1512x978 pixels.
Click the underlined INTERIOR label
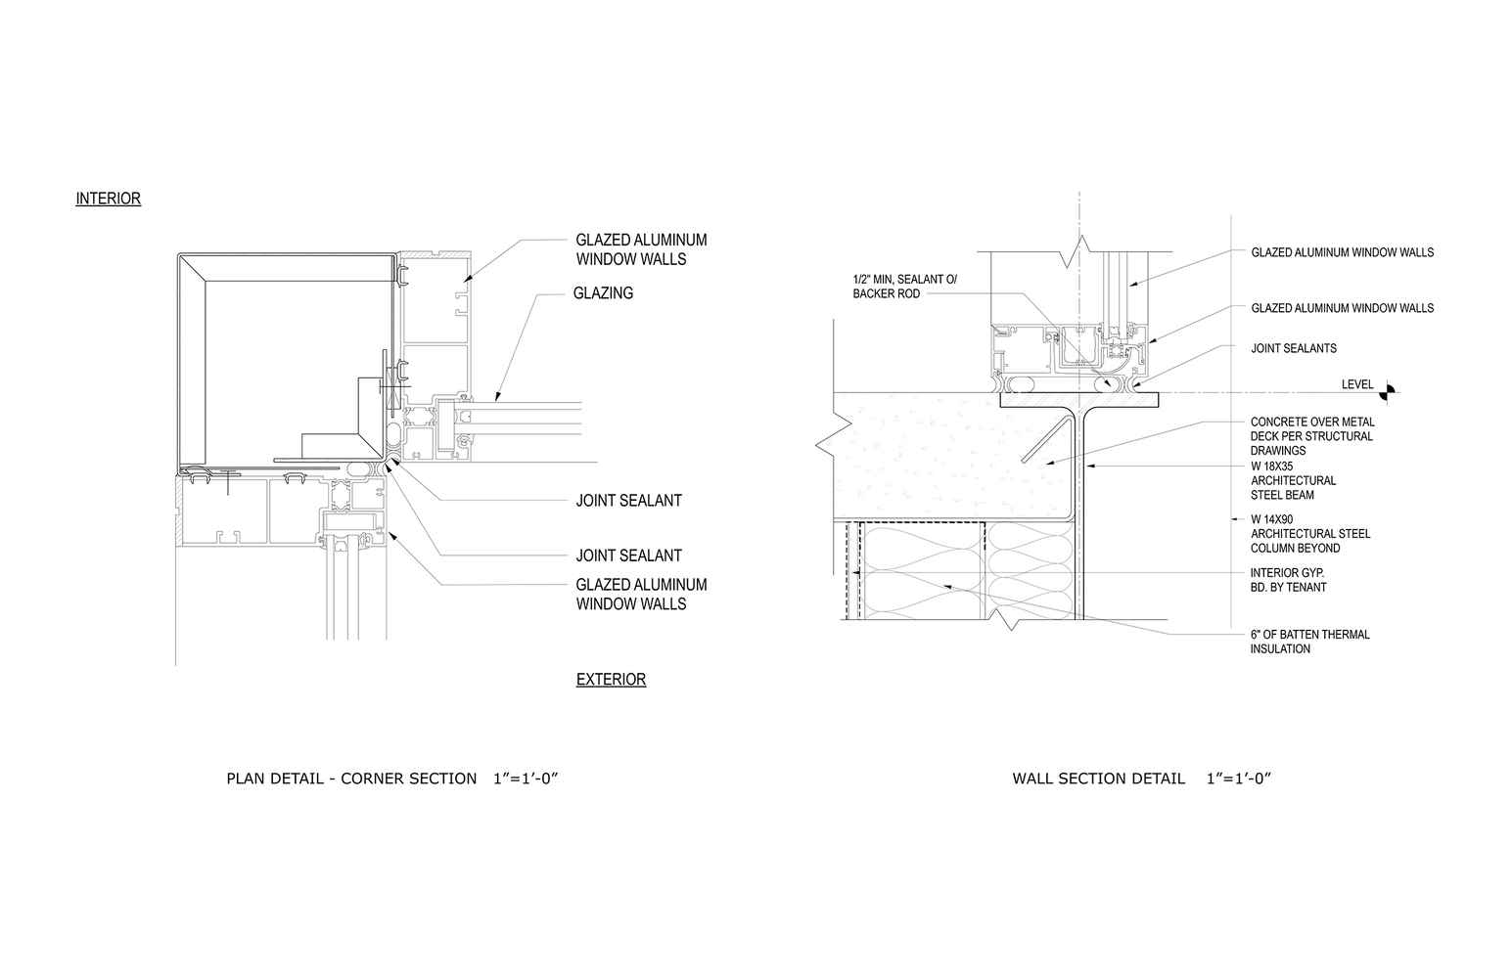pos(108,199)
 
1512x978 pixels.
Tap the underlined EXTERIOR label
pos(611,679)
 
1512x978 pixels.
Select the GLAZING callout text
pos(603,292)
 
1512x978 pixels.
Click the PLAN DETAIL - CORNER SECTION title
pos(351,778)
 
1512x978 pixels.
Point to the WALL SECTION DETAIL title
pos(1098,778)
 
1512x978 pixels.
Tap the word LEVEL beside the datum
pos(1357,384)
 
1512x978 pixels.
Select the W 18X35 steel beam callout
pos(1294,480)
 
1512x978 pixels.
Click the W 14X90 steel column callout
pos(1310,534)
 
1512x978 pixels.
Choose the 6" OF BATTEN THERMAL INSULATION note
pos(1310,642)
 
